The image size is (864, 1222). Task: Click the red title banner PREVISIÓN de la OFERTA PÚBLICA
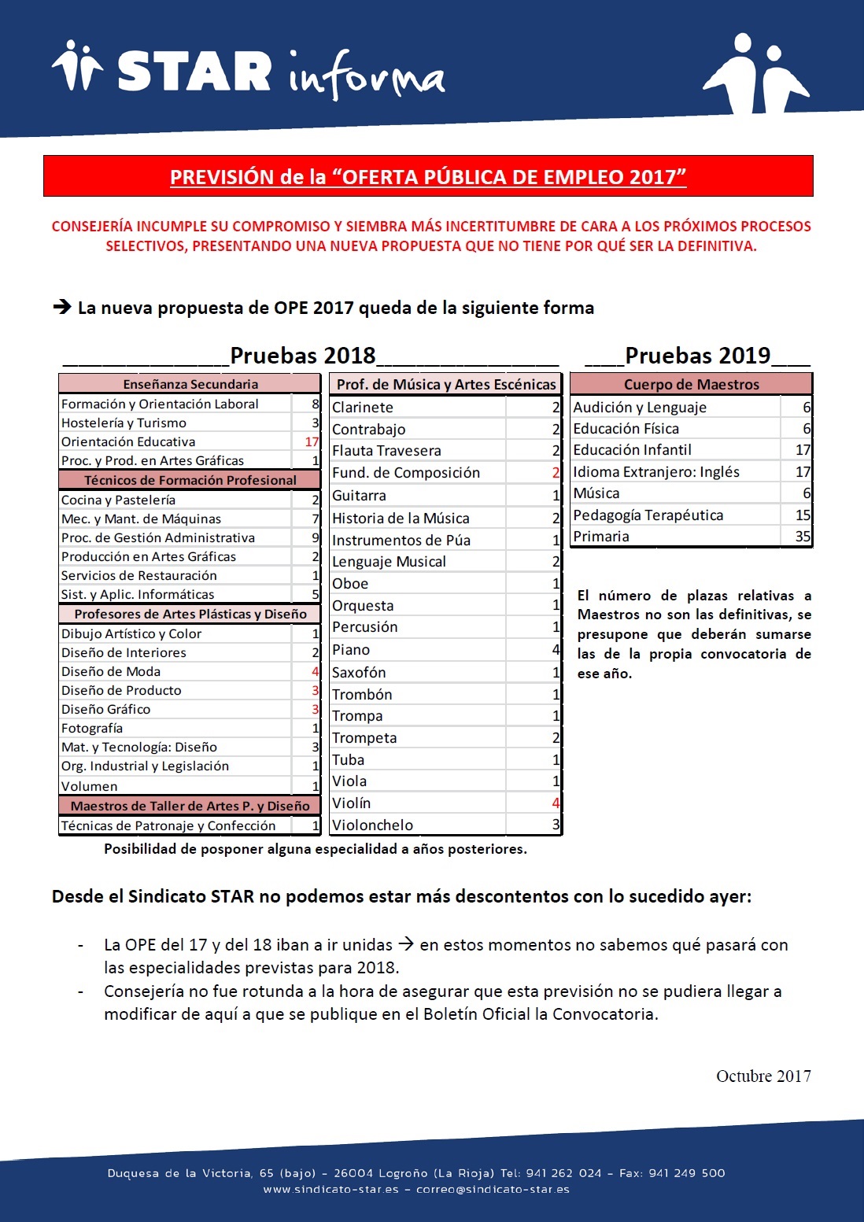(428, 176)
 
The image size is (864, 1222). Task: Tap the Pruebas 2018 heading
(302, 356)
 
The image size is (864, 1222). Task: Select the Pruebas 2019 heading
(697, 356)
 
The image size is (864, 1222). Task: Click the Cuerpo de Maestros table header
(691, 385)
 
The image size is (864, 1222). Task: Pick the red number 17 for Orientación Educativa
(312, 442)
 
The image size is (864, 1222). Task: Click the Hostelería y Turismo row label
(124, 423)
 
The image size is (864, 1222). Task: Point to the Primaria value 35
(802, 537)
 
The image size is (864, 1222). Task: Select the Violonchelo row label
(372, 825)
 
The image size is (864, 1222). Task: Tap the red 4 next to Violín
(556, 803)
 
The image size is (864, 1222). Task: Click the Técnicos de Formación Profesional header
(190, 480)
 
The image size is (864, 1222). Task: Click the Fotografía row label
(92, 729)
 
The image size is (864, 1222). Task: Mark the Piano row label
(351, 650)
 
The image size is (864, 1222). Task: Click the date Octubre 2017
(762, 1076)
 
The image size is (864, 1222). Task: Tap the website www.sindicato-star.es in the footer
(330, 1189)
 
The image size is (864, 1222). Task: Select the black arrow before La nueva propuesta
(62, 307)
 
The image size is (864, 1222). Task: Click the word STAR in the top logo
(194, 72)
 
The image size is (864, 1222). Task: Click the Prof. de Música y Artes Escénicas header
(445, 385)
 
